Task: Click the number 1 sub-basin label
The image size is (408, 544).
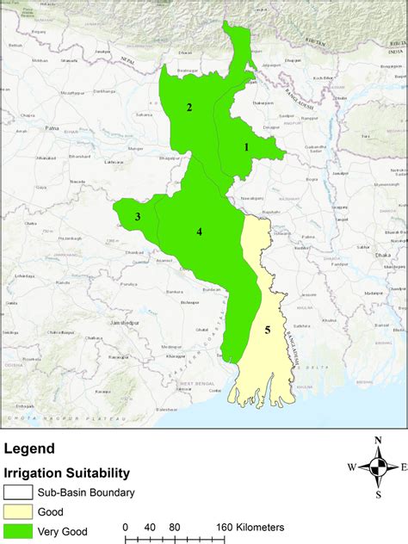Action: (x=246, y=147)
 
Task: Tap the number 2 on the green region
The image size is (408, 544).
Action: (x=189, y=108)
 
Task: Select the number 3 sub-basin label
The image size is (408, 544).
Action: (x=137, y=217)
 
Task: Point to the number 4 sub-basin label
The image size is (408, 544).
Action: (x=199, y=232)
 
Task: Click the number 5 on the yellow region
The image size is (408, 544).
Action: (x=268, y=330)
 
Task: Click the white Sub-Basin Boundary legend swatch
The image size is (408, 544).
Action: (x=18, y=493)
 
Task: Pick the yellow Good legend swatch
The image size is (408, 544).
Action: (x=18, y=512)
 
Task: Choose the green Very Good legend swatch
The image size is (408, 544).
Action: (x=18, y=531)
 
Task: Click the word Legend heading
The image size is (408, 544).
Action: (x=29, y=448)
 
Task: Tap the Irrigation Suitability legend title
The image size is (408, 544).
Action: (x=67, y=473)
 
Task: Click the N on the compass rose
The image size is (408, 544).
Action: (x=378, y=441)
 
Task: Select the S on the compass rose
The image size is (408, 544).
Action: (x=378, y=494)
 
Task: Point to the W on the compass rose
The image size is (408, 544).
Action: (x=351, y=467)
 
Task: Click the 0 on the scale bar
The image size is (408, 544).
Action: (x=126, y=527)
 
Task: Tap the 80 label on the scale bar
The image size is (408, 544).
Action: (x=175, y=527)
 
